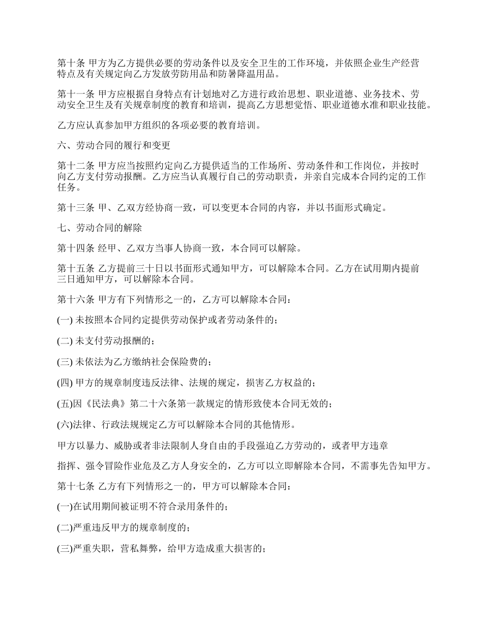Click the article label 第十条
point(70,64)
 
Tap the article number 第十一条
point(74,94)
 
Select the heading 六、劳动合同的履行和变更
point(113,145)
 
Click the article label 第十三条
point(74,207)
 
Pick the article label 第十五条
point(74,269)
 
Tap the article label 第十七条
point(74,486)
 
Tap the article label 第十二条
point(74,166)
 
